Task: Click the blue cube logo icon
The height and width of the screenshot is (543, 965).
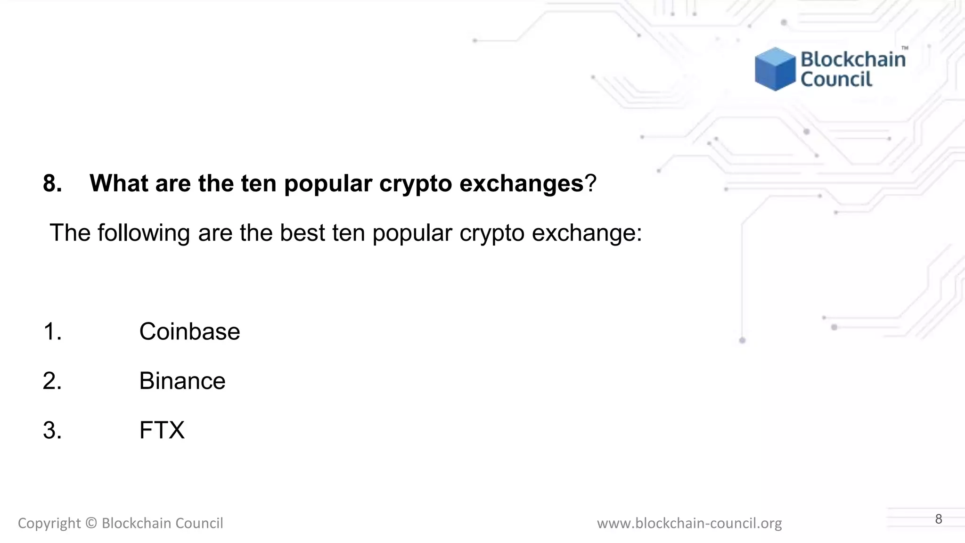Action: [x=775, y=69]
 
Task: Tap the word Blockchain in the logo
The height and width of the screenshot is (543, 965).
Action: [x=853, y=59]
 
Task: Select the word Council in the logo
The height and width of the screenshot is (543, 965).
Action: [x=836, y=79]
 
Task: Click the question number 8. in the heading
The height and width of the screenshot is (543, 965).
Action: [x=52, y=183]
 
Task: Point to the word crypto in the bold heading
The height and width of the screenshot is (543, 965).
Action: [x=416, y=183]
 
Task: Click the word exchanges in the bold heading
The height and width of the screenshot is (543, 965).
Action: [x=521, y=183]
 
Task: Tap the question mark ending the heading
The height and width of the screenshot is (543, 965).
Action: [x=591, y=183]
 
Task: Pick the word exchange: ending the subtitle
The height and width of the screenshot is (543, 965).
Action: [x=587, y=233]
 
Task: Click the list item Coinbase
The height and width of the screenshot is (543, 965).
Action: [x=189, y=331]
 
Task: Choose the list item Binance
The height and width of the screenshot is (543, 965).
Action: [x=182, y=381]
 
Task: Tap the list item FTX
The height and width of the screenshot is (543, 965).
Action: [x=162, y=430]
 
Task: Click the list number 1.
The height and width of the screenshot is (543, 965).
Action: [x=52, y=331]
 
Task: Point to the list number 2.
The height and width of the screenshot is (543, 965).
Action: [x=52, y=381]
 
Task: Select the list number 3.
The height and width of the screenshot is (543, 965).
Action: [x=52, y=430]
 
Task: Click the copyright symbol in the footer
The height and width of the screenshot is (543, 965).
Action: [x=91, y=523]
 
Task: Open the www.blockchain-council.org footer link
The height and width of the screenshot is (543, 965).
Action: [x=689, y=523]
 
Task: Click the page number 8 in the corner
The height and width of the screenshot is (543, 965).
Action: [x=939, y=519]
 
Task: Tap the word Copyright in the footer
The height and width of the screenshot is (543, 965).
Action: [x=49, y=523]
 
